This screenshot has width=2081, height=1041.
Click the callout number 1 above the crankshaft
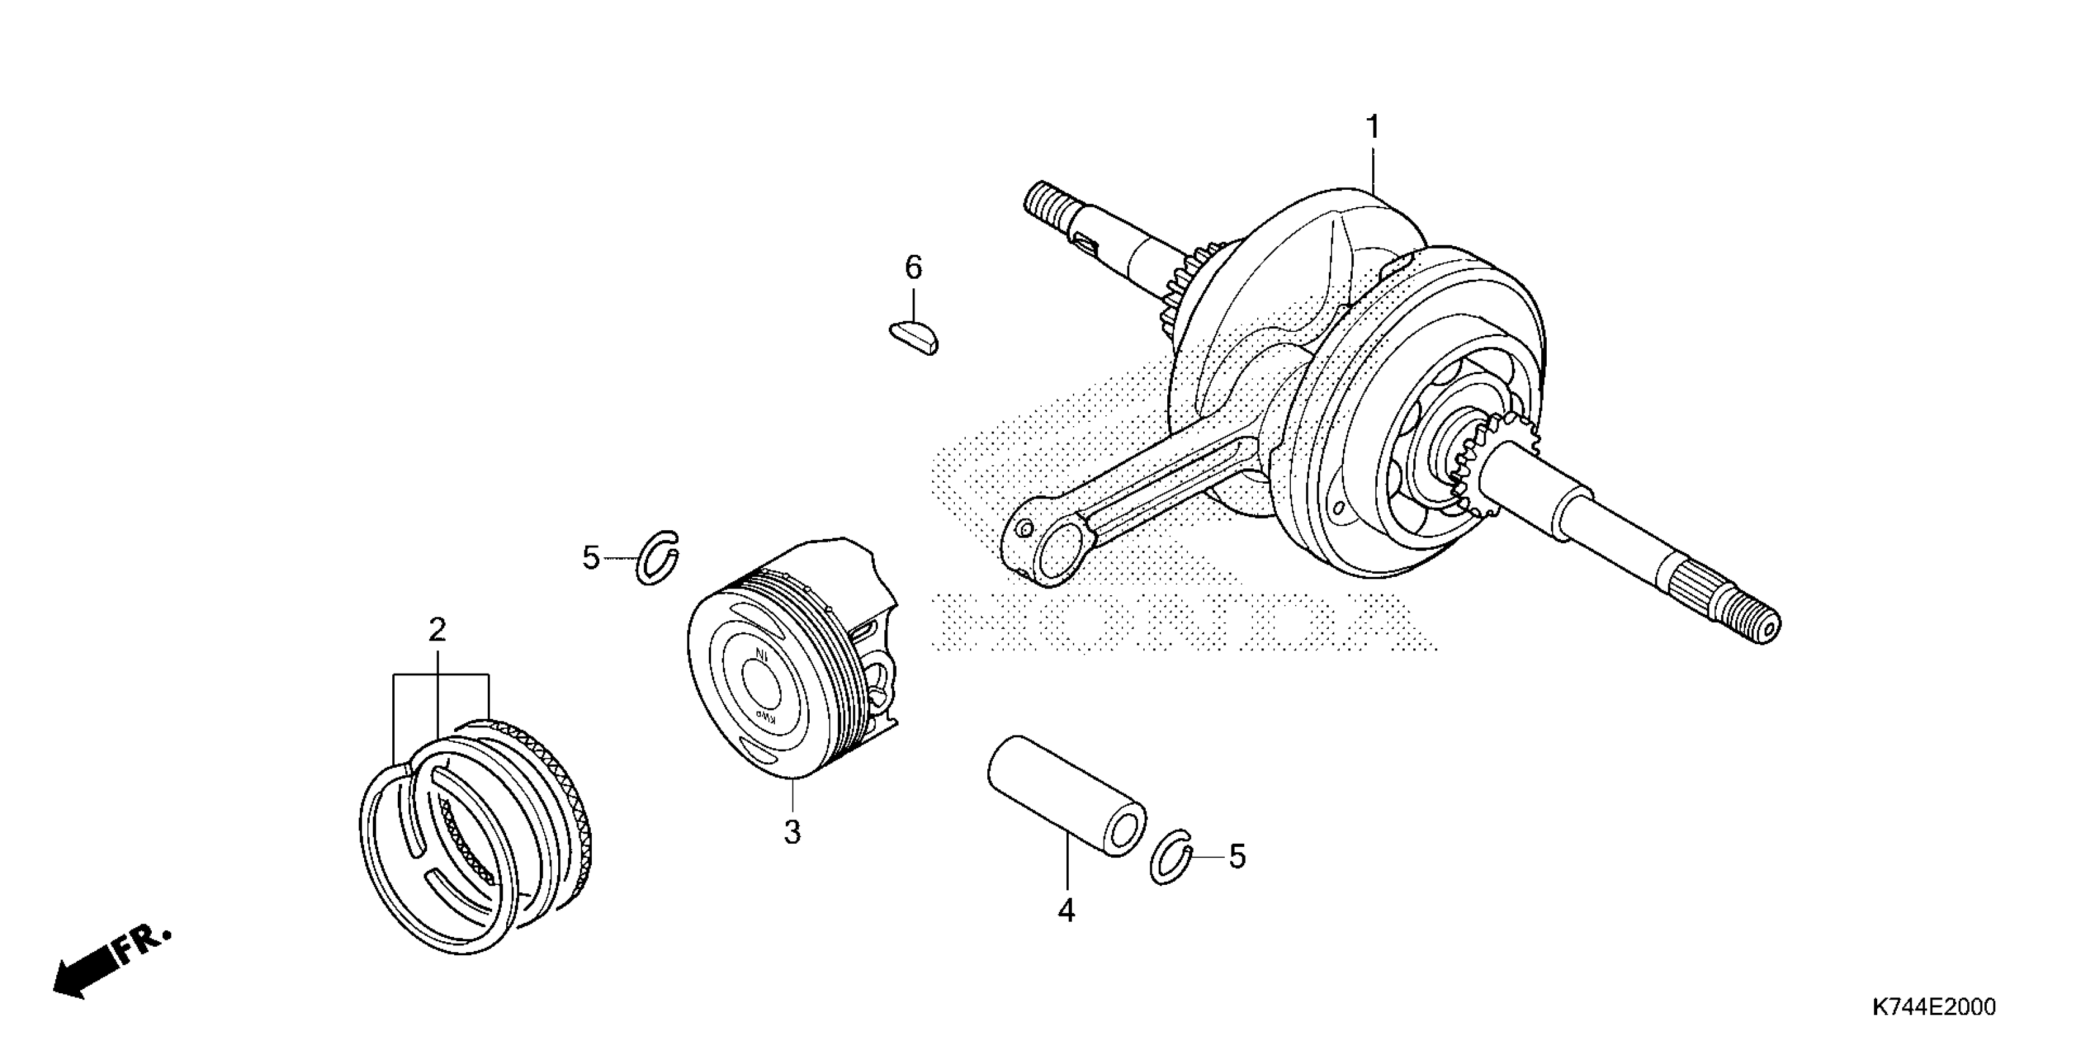tap(1372, 128)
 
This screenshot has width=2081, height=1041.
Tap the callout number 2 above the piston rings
tap(437, 629)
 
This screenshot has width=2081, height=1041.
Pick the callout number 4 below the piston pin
tap(1066, 911)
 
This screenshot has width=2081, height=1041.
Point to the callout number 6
tap(913, 268)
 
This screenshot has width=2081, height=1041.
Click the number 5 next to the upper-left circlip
tap(591, 558)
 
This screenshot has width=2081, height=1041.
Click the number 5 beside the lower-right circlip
tap(1237, 857)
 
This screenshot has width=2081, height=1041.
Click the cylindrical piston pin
tap(1066, 795)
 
